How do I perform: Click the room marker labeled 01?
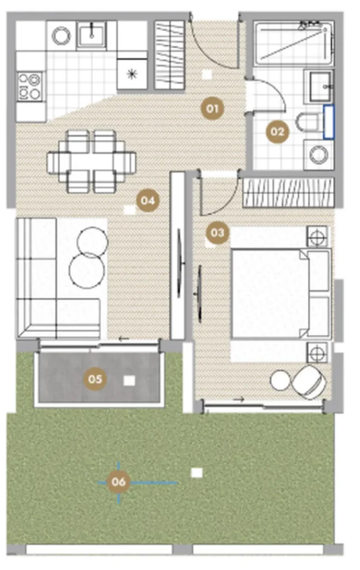click(212, 109)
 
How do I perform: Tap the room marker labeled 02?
click(277, 131)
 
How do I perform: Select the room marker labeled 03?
click(217, 233)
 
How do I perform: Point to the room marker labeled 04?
click(148, 200)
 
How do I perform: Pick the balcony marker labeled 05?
click(95, 379)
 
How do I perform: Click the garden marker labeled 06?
click(119, 482)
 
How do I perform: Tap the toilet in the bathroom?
click(309, 122)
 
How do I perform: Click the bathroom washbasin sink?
click(320, 86)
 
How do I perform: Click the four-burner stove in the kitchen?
click(30, 86)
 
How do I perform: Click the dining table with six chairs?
click(92, 161)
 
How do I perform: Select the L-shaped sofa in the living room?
click(58, 278)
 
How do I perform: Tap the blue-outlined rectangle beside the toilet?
click(328, 122)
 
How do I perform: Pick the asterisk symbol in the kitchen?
click(132, 75)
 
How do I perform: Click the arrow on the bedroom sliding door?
click(238, 400)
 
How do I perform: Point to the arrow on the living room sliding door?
click(124, 339)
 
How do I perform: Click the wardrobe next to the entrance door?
click(169, 55)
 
